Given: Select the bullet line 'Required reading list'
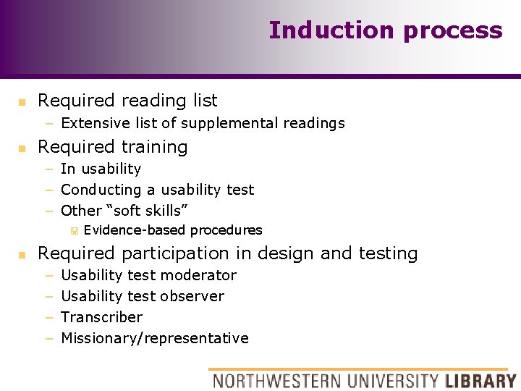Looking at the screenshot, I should [127, 101].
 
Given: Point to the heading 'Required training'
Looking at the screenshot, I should [112, 147].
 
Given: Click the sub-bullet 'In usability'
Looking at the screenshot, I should [101, 169].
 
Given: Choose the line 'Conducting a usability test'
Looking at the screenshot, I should [157, 190].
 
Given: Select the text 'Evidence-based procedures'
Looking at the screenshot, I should [173, 230].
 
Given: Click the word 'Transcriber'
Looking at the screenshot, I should [101, 317].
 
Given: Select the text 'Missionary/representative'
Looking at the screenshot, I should [154, 338].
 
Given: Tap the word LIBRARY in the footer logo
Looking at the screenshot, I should [480, 380].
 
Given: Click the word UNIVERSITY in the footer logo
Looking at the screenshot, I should [391, 380].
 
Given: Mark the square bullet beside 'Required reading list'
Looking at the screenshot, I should [22, 101].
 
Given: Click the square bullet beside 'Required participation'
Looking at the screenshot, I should [22, 254].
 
